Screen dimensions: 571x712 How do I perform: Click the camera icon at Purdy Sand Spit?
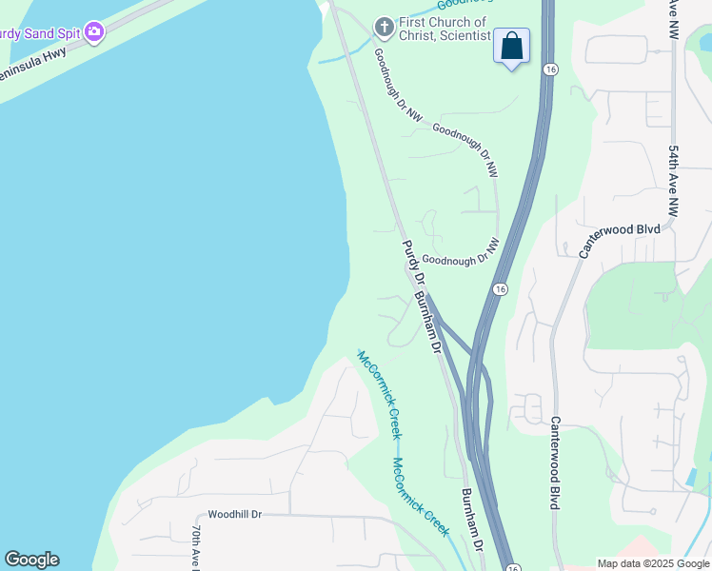click(93, 32)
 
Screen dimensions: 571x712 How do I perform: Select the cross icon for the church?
click(384, 27)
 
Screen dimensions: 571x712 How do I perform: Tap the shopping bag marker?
click(511, 45)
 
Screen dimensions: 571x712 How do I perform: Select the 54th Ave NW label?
click(673, 181)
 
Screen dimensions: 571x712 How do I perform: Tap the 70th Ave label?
click(196, 547)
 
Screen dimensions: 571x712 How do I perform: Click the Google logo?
click(31, 560)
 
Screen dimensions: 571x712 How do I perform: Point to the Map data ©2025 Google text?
click(652, 563)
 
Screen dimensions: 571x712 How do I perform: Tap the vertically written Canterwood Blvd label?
click(554, 462)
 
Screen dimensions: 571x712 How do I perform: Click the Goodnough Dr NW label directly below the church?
click(398, 86)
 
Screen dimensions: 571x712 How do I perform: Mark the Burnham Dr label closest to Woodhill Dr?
click(472, 520)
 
